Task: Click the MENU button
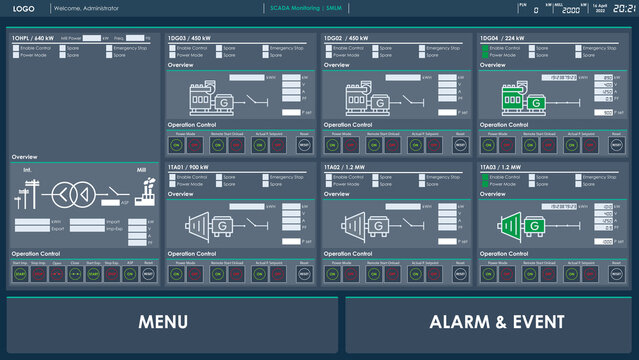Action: (163, 323)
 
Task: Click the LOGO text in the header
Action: (24, 8)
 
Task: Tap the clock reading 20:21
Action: (625, 8)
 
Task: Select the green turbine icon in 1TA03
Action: (526, 225)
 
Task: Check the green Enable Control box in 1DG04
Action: (485, 48)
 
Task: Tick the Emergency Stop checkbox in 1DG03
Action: (267, 48)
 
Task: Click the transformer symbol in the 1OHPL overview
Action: (70, 193)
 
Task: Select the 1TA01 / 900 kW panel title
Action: (188, 168)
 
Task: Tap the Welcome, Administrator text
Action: (81, 8)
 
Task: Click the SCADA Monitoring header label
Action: (292, 8)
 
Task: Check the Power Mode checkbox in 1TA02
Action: (328, 184)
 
